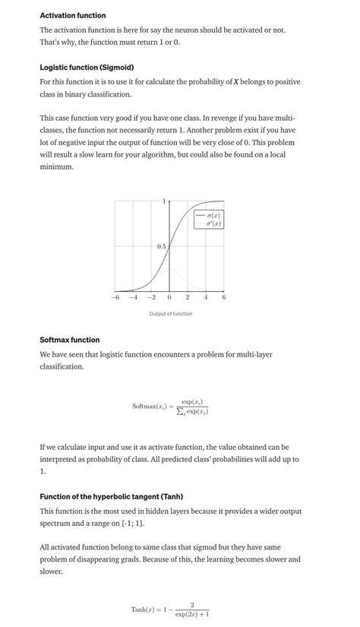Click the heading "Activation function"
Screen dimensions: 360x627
[73, 15]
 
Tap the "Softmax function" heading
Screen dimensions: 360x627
[69, 340]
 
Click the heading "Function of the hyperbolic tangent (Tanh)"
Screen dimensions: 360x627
[111, 496]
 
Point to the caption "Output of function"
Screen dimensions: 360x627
[171, 314]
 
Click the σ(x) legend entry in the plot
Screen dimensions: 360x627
[214, 216]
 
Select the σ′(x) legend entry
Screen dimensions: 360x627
[214, 224]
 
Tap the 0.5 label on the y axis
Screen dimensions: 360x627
[162, 246]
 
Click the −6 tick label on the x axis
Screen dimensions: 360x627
[115, 297]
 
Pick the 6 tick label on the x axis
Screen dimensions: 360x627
[224, 297]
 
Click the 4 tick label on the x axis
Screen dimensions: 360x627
[206, 297]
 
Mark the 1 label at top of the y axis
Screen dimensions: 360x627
[164, 201]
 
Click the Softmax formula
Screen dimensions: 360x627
[170, 407]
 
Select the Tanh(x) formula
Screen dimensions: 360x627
[170, 610]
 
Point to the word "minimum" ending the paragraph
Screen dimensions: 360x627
[56, 166]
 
